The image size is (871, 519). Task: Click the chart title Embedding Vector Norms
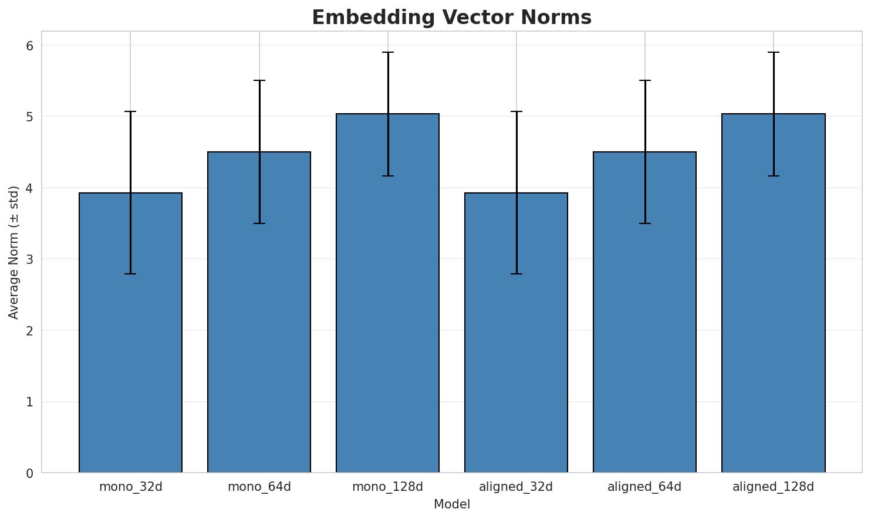click(451, 18)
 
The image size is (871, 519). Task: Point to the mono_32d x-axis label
click(130, 487)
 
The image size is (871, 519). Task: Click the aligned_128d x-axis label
click(773, 487)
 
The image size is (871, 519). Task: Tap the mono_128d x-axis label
click(387, 487)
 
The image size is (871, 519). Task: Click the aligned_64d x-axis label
click(644, 487)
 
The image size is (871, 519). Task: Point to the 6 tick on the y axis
click(29, 46)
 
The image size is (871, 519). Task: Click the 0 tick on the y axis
click(29, 473)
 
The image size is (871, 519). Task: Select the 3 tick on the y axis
click(29, 259)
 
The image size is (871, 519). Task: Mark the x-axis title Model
click(451, 504)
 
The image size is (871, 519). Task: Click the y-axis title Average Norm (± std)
click(14, 252)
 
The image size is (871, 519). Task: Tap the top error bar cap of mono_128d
click(387, 52)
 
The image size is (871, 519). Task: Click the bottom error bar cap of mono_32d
click(130, 274)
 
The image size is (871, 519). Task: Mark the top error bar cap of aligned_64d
click(644, 80)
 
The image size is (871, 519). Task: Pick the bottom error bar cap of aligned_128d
click(773, 176)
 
